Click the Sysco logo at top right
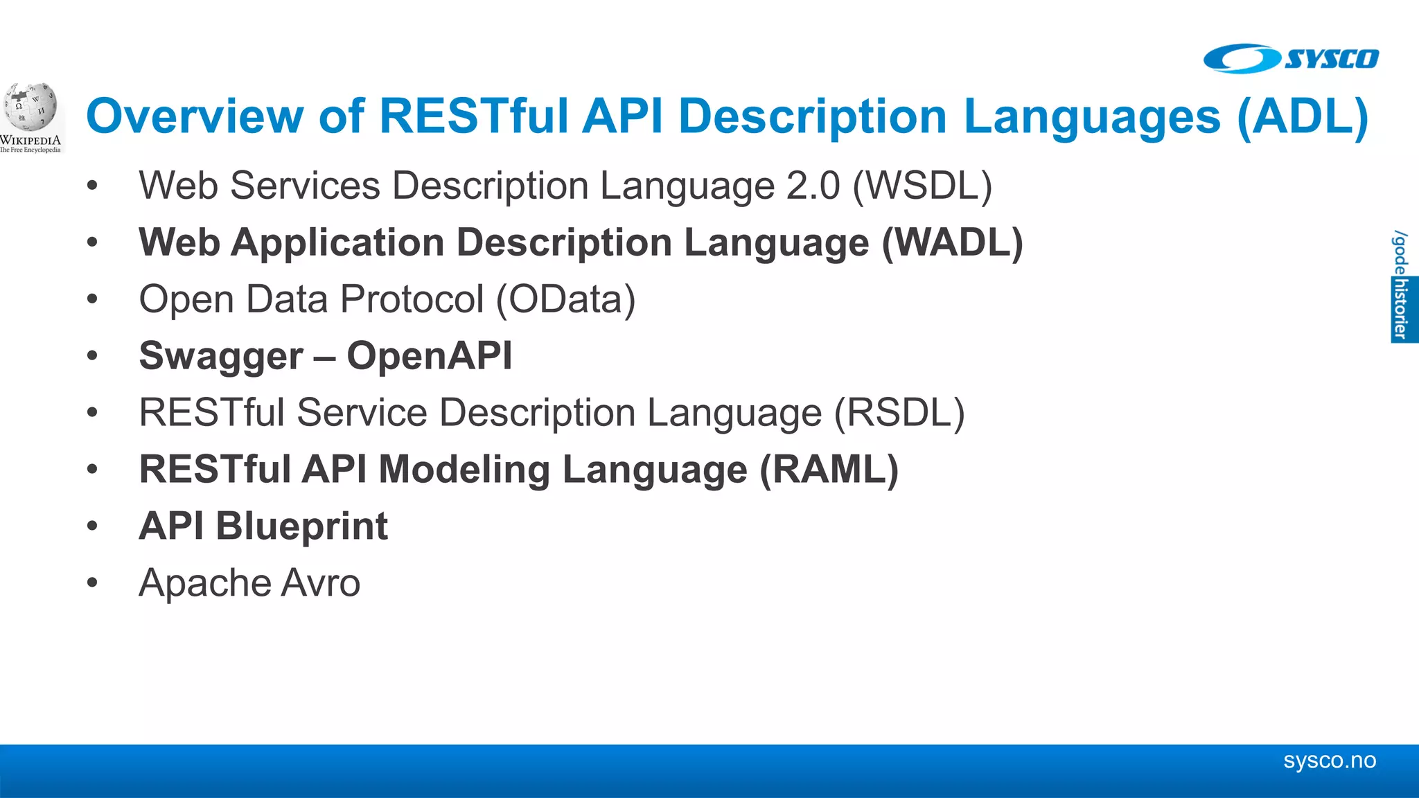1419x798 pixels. pos(1290,59)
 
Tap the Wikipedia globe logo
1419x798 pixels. pos(30,108)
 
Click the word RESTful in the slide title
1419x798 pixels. pos(473,116)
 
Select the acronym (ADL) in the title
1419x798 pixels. pos(1303,116)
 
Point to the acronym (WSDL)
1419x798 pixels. pos(922,186)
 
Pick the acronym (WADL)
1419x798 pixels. pos(952,242)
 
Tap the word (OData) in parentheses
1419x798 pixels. pos(565,299)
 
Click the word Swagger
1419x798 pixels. pos(221,356)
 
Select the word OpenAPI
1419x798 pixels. pos(430,356)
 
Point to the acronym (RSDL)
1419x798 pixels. pos(899,413)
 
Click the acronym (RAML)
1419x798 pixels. pos(829,470)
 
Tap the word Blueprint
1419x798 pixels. pos(302,526)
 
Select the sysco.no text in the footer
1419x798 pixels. pos(1329,761)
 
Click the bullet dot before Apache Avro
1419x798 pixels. pos(93,583)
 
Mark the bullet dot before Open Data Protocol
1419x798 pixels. pos(93,299)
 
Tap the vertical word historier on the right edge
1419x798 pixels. pos(1402,309)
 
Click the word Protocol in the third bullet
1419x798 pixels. pos(412,299)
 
